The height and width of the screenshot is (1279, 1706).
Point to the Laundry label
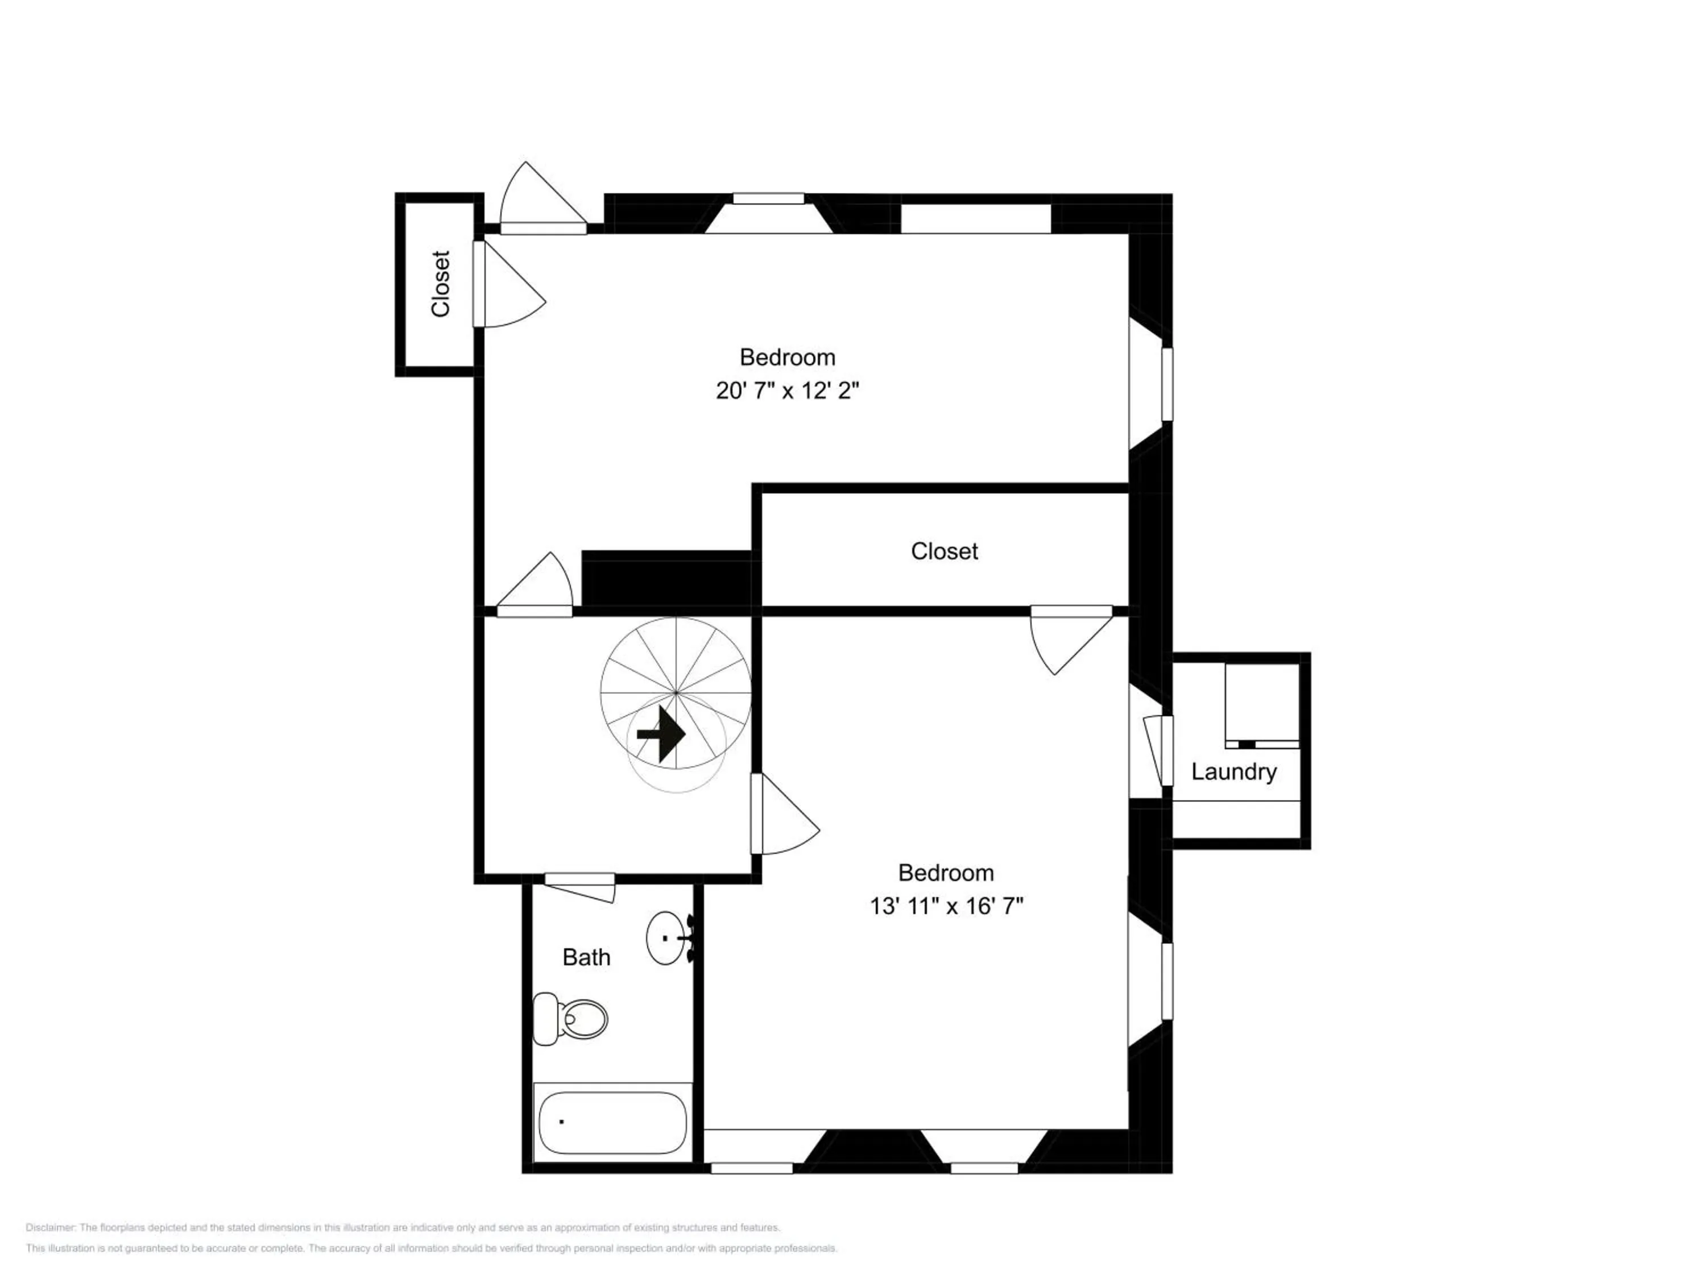coord(1233,772)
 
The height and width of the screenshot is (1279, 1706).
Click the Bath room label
coord(586,957)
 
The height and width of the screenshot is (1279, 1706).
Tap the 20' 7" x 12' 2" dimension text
coord(786,391)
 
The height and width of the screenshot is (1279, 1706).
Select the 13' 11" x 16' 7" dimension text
coord(946,906)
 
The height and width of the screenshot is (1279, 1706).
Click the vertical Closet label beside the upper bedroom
coord(440,284)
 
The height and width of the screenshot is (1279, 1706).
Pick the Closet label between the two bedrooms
coord(944,551)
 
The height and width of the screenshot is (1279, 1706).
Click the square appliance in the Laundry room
coord(1262,705)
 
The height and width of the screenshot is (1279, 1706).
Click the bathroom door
coord(580,887)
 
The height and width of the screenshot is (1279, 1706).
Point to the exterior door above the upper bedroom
coord(543,197)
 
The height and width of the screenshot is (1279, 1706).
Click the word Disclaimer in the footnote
coord(50,1227)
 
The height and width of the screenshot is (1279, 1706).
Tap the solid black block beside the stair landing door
coord(667,578)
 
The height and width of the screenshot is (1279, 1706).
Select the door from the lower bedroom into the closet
coord(1072,641)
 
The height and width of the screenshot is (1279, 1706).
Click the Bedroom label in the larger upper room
coord(788,357)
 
